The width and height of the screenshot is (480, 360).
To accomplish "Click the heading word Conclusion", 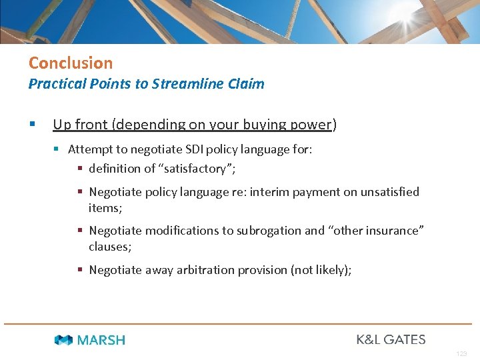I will point(71,63).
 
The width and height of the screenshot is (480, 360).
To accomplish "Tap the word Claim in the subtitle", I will point(248,84).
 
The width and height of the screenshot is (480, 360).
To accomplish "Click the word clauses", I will point(109,247).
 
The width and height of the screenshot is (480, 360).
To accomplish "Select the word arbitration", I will point(205,270).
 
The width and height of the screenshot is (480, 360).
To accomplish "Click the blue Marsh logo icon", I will point(63,340).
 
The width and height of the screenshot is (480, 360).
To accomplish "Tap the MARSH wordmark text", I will point(101,340).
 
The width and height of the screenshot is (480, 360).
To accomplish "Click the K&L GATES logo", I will point(391,339).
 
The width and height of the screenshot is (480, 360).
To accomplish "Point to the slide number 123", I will point(462,354).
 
